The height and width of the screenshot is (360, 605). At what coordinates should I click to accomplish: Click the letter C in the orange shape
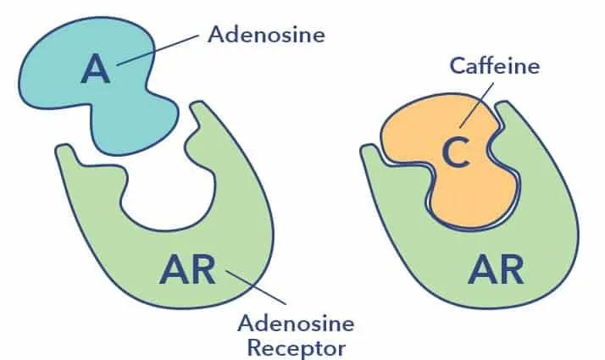click(456, 155)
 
